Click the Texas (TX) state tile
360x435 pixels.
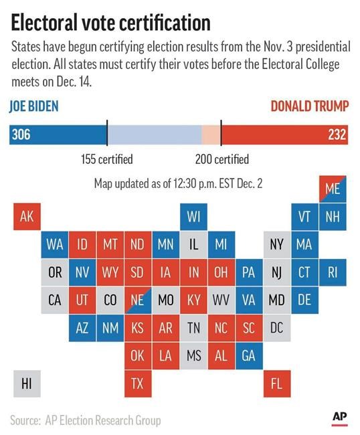(138, 383)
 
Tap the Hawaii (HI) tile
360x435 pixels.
(27, 383)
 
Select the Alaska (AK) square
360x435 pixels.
(27, 216)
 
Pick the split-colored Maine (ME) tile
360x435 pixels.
(333, 189)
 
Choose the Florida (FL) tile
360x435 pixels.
(277, 383)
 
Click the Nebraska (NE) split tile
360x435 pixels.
(138, 300)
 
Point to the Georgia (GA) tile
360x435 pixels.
(249, 355)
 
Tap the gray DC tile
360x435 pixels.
(277, 328)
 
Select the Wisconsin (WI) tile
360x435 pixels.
(193, 216)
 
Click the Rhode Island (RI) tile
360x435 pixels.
(333, 272)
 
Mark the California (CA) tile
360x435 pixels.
(55, 300)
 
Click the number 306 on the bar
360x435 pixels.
(21, 135)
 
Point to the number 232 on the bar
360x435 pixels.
(337, 135)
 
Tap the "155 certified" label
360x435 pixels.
(107, 159)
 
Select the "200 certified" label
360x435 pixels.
(222, 159)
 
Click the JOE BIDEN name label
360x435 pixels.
(34, 106)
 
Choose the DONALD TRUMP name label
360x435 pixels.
(310, 106)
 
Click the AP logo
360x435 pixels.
(339, 418)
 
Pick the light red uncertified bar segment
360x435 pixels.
(211, 135)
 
